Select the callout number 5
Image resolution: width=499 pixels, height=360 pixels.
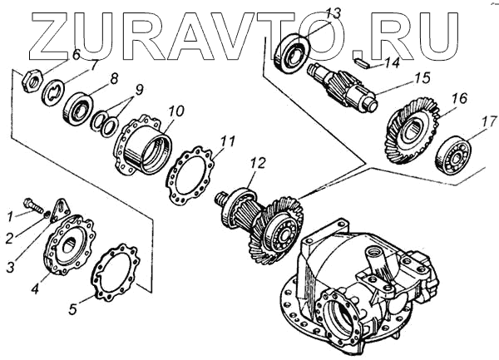(x=73, y=308)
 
